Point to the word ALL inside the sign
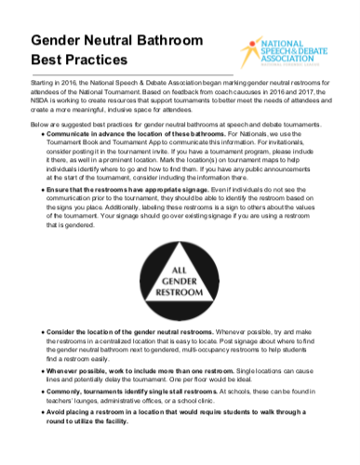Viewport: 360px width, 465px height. point(179,243)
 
